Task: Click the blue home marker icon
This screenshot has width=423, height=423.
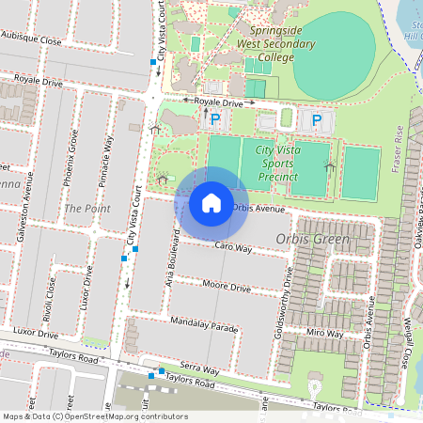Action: click(211, 202)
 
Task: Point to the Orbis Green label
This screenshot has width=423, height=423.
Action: click(313, 240)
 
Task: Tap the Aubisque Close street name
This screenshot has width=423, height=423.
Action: click(31, 39)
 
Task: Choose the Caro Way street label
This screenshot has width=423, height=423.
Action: click(233, 247)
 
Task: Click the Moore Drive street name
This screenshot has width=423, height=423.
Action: click(227, 286)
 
